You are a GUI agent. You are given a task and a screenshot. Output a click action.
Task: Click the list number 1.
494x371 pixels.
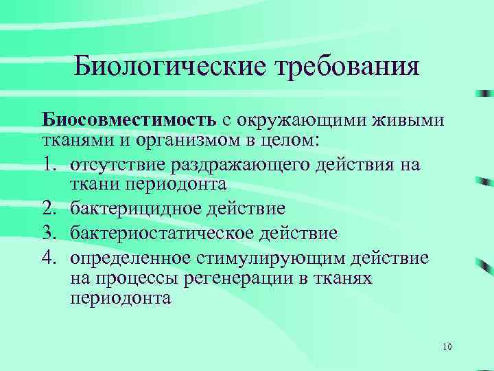[49, 165]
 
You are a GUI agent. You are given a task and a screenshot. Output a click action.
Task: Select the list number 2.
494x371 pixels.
[49, 210]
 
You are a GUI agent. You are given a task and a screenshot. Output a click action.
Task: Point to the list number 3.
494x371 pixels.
[49, 232]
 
